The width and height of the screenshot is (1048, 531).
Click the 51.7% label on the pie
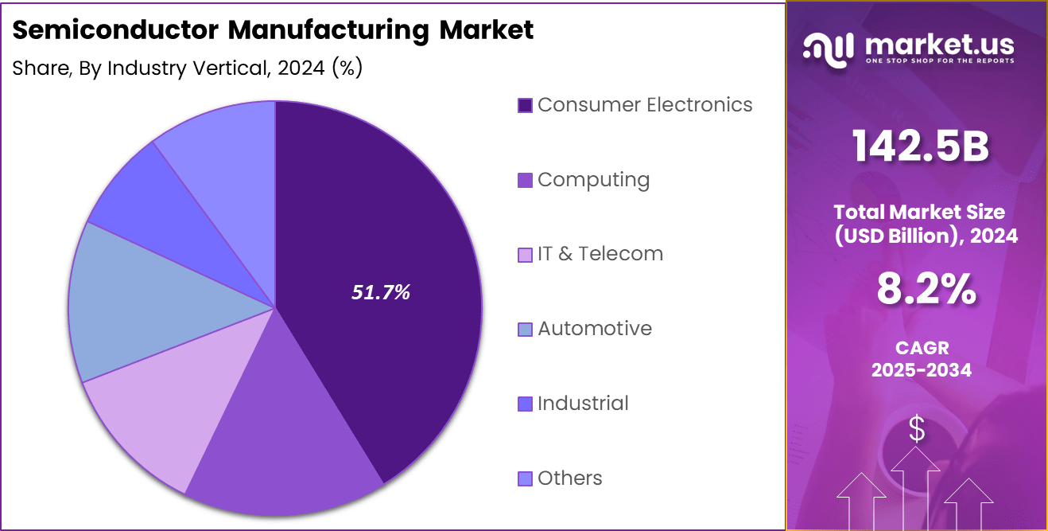click(x=381, y=292)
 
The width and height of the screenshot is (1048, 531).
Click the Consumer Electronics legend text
click(x=644, y=104)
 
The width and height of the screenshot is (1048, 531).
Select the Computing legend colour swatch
click(x=525, y=180)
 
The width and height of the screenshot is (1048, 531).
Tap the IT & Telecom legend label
click(x=600, y=254)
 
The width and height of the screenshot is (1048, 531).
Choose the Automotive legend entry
click(x=594, y=329)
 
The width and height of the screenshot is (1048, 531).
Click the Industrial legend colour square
click(x=525, y=404)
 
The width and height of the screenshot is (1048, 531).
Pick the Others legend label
click(x=569, y=478)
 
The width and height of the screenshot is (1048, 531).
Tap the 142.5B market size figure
click(x=920, y=146)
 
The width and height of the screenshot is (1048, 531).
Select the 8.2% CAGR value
click(x=926, y=290)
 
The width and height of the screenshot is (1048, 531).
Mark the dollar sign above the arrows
click(x=917, y=430)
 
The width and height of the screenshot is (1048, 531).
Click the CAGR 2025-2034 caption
click(x=921, y=359)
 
